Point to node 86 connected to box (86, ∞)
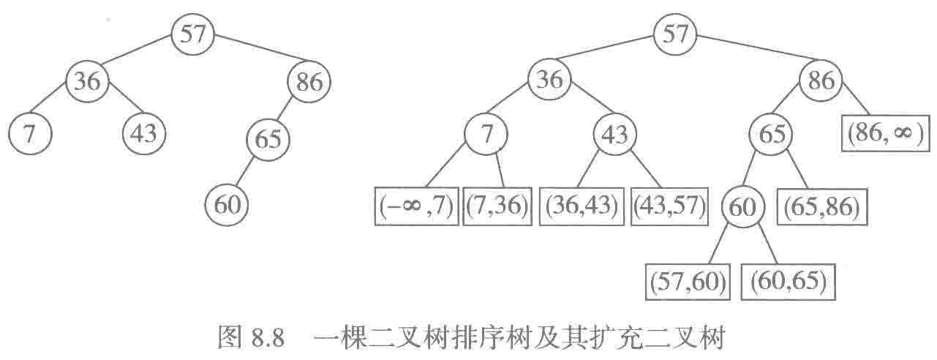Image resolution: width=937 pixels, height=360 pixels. click(821, 80)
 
